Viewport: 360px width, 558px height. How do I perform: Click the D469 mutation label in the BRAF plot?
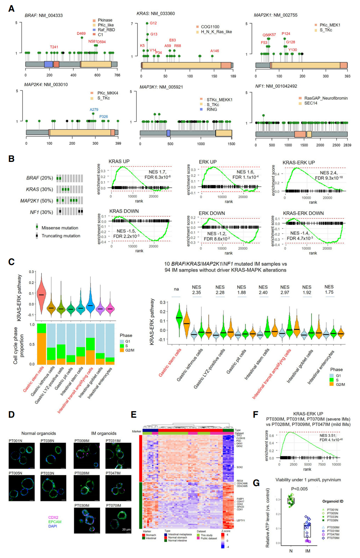click(x=81, y=34)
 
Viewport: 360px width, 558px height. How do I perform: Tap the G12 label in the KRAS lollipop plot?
click(x=153, y=23)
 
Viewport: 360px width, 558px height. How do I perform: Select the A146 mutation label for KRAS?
click(x=215, y=51)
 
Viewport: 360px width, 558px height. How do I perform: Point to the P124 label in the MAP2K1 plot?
click(x=286, y=34)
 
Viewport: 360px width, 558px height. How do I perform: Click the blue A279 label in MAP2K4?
click(x=94, y=109)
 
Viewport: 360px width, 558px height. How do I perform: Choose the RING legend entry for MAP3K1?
click(x=212, y=109)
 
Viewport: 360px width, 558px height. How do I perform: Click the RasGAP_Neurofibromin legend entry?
click(x=326, y=98)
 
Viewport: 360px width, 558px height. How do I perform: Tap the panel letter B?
click(x=11, y=159)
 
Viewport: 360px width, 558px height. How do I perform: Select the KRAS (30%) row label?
click(x=39, y=189)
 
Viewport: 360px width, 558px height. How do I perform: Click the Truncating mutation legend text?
click(x=61, y=236)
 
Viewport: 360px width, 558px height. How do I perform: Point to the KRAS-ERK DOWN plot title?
click(x=303, y=213)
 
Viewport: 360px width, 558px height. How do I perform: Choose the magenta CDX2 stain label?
click(x=53, y=518)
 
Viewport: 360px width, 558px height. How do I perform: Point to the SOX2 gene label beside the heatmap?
click(x=240, y=467)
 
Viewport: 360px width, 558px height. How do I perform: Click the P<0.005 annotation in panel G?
click(x=299, y=489)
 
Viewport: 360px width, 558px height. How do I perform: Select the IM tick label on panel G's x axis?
click(x=308, y=551)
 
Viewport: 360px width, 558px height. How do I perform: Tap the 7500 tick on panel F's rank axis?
click(x=321, y=464)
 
